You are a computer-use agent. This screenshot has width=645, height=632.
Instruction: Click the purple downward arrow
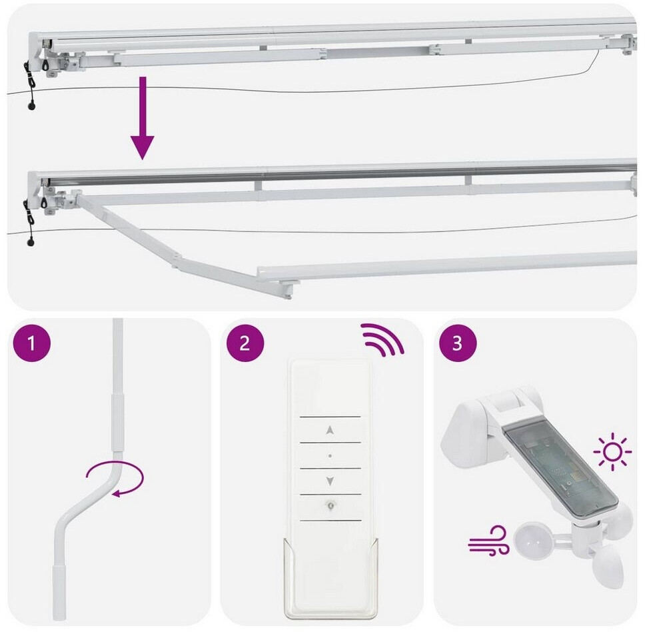pyautogui.click(x=143, y=118)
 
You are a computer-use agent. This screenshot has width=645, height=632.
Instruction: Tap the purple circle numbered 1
pyautogui.click(x=32, y=343)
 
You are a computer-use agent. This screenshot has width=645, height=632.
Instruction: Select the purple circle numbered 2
pyautogui.click(x=245, y=343)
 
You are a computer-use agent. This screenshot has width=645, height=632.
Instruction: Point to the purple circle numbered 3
pyautogui.click(x=457, y=343)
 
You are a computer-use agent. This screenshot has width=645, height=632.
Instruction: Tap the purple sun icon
pyautogui.click(x=612, y=452)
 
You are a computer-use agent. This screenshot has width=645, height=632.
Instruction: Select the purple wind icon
pyautogui.click(x=489, y=541)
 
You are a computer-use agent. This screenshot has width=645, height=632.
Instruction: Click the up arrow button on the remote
pyautogui.click(x=330, y=431)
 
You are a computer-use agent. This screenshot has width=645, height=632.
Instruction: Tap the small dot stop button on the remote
pyautogui.click(x=330, y=456)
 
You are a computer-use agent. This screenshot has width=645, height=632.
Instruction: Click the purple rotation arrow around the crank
pyautogui.click(x=116, y=479)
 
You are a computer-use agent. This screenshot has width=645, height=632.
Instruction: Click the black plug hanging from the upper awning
pyautogui.click(x=31, y=106)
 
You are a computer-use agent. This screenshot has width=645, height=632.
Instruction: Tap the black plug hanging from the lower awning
pyautogui.click(x=31, y=243)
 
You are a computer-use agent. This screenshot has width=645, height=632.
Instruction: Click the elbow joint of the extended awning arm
pyautogui.click(x=177, y=261)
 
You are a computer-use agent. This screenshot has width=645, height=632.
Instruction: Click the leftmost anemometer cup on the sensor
pyautogui.click(x=529, y=541)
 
